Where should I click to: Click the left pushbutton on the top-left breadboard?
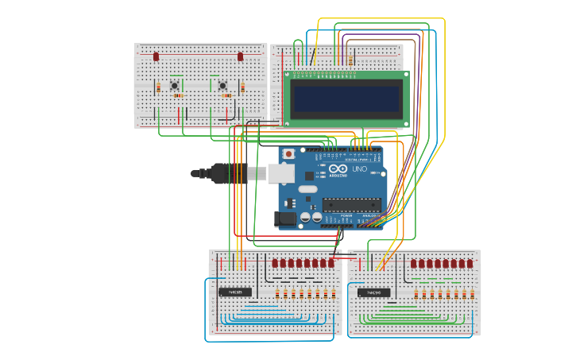[173, 86]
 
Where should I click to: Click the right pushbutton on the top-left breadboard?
[222, 86]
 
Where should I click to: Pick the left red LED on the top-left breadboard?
[157, 57]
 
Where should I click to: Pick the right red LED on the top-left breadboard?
[240, 56]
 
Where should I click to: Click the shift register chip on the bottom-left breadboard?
[235, 292]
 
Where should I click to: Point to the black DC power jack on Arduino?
[285, 218]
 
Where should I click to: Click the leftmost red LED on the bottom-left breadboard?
[275, 263]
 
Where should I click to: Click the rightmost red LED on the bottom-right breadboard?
[470, 263]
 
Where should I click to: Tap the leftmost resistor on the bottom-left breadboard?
[277, 295]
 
